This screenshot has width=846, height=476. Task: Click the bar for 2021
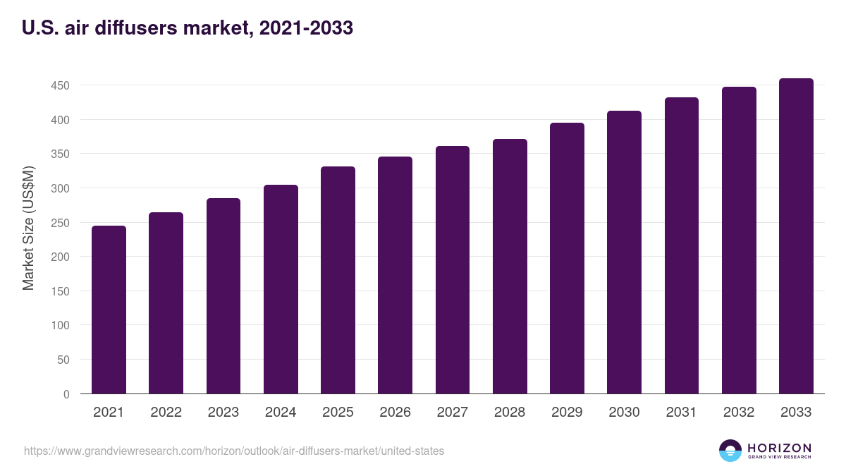tap(109, 310)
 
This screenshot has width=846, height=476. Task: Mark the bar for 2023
tap(223, 296)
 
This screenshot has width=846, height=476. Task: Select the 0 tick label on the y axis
tap(66, 394)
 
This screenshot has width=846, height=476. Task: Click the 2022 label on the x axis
tap(166, 413)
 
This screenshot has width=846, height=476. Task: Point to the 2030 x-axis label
tap(624, 413)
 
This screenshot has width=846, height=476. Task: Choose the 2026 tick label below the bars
tap(395, 413)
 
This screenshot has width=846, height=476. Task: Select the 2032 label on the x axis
tap(739, 413)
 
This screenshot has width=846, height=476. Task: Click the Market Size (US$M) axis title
tap(28, 228)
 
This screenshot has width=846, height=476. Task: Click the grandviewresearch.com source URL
tap(234, 451)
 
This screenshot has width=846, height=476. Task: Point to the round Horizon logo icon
tap(730, 451)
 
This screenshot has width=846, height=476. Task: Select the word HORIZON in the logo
tap(779, 447)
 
